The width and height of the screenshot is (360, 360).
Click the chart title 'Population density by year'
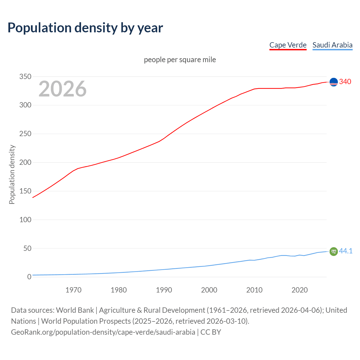[85, 28]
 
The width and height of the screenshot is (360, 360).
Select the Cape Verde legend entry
[288, 45]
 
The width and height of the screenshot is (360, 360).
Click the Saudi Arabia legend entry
[332, 45]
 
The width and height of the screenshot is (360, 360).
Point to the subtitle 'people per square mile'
[180, 60]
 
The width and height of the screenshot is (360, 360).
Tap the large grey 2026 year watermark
[62, 89]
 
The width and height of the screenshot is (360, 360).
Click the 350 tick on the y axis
[25, 76]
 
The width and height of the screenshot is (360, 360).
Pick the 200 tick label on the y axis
[25, 163]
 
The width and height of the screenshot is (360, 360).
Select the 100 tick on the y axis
[25, 220]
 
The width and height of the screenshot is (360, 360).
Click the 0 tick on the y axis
[29, 277]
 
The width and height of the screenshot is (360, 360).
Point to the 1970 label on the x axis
[73, 290]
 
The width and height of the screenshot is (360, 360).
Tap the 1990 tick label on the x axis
[164, 290]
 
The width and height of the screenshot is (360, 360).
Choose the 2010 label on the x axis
[254, 290]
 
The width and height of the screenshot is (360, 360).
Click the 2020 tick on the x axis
[300, 290]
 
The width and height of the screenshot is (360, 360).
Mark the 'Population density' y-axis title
[12, 174]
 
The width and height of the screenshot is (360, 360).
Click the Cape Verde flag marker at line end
[334, 82]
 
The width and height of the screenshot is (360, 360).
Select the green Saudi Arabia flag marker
[334, 251]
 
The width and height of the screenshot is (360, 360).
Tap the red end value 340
[345, 82]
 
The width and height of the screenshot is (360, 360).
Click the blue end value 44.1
[346, 251]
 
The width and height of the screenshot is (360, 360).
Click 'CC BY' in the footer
[211, 332]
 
